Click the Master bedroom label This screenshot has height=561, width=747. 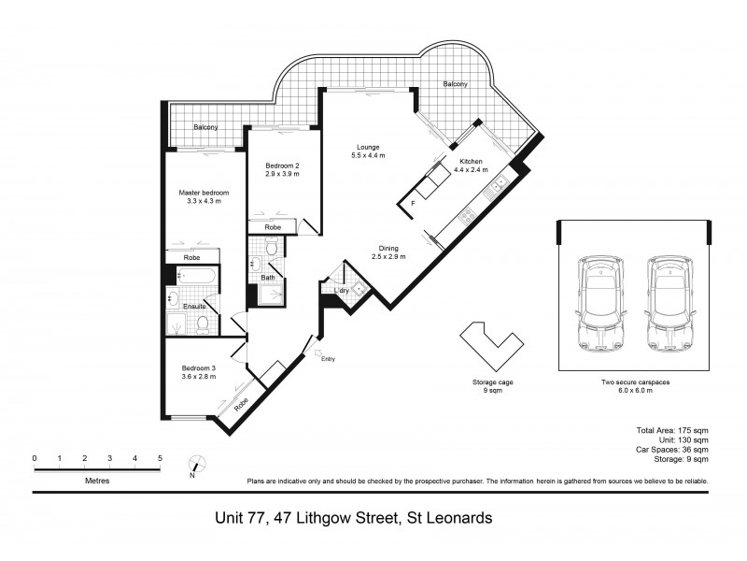(204, 194)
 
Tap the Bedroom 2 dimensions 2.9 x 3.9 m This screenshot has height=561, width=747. (281, 174)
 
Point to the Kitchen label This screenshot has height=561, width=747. (470, 160)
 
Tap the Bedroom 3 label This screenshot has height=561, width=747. (198, 369)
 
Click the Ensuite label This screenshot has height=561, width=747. (194, 307)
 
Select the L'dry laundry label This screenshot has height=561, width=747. (341, 292)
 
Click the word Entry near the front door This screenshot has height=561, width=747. (327, 359)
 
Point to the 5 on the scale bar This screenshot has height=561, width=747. (161, 458)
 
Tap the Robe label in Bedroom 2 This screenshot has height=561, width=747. (273, 227)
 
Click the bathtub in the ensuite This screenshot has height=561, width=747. (197, 277)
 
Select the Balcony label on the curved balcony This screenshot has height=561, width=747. (456, 83)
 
